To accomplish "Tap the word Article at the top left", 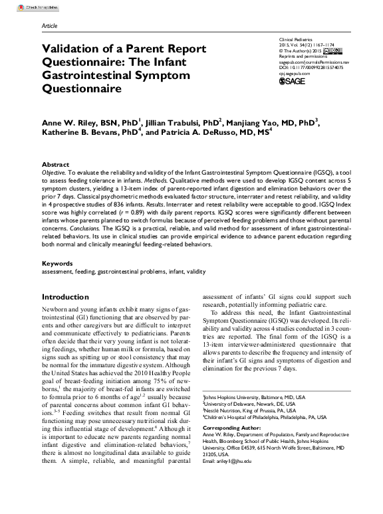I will coord(49,25).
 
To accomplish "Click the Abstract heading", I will coord(55,164).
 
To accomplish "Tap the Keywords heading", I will coord(57,264).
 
